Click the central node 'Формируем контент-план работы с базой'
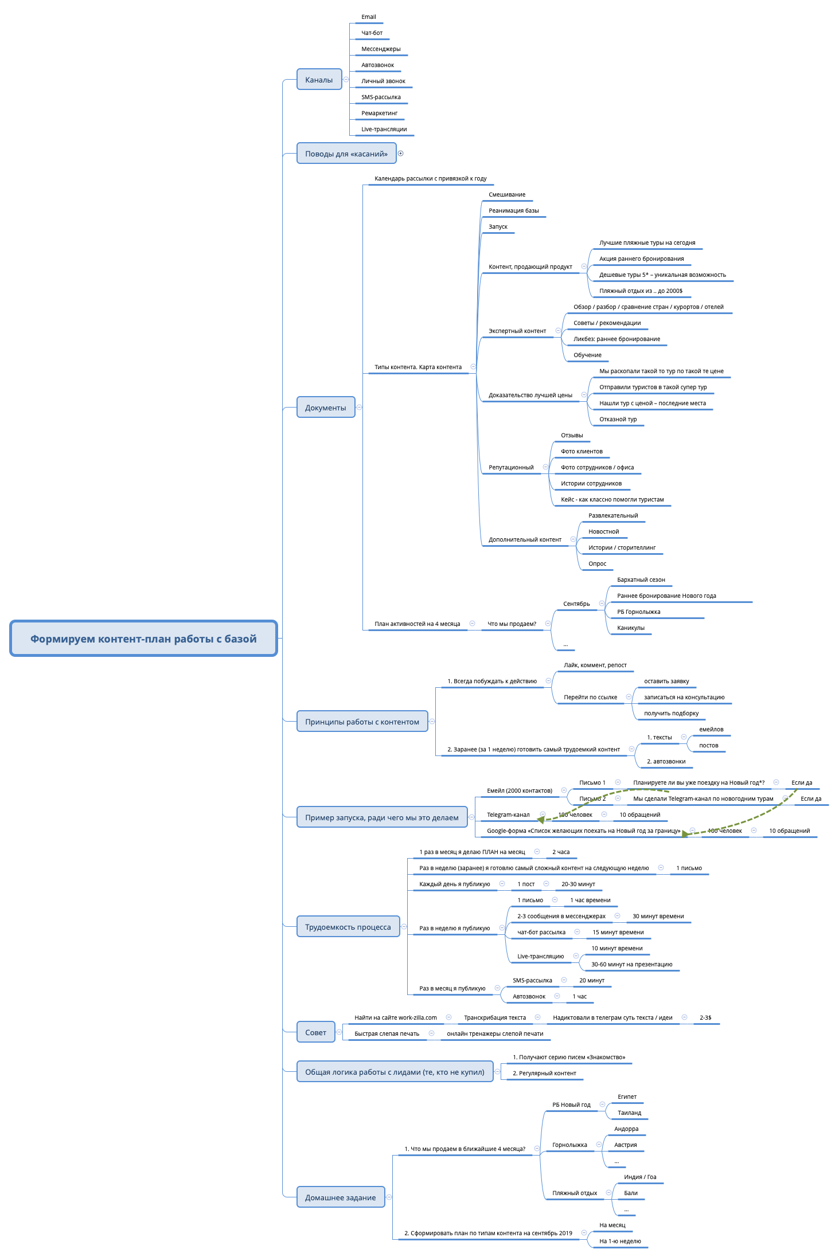point(143,639)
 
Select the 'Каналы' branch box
point(319,80)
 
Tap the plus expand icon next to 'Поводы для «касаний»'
point(401,153)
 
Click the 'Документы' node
point(325,408)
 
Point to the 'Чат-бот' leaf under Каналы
point(372,33)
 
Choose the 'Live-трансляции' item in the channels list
point(384,129)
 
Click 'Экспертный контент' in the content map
point(517,331)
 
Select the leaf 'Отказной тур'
point(618,419)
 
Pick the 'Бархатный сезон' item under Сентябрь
point(641,579)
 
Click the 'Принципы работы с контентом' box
point(362,722)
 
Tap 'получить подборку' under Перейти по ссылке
point(671,713)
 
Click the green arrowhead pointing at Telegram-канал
point(541,820)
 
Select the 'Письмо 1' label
point(592,782)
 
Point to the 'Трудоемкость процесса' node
point(348,927)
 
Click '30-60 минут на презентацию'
point(631,964)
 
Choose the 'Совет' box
point(315,1032)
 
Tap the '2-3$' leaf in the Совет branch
point(705,1017)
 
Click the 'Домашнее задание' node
point(340,1197)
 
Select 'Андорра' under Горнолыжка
point(626,1129)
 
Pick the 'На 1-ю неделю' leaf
point(620,1241)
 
